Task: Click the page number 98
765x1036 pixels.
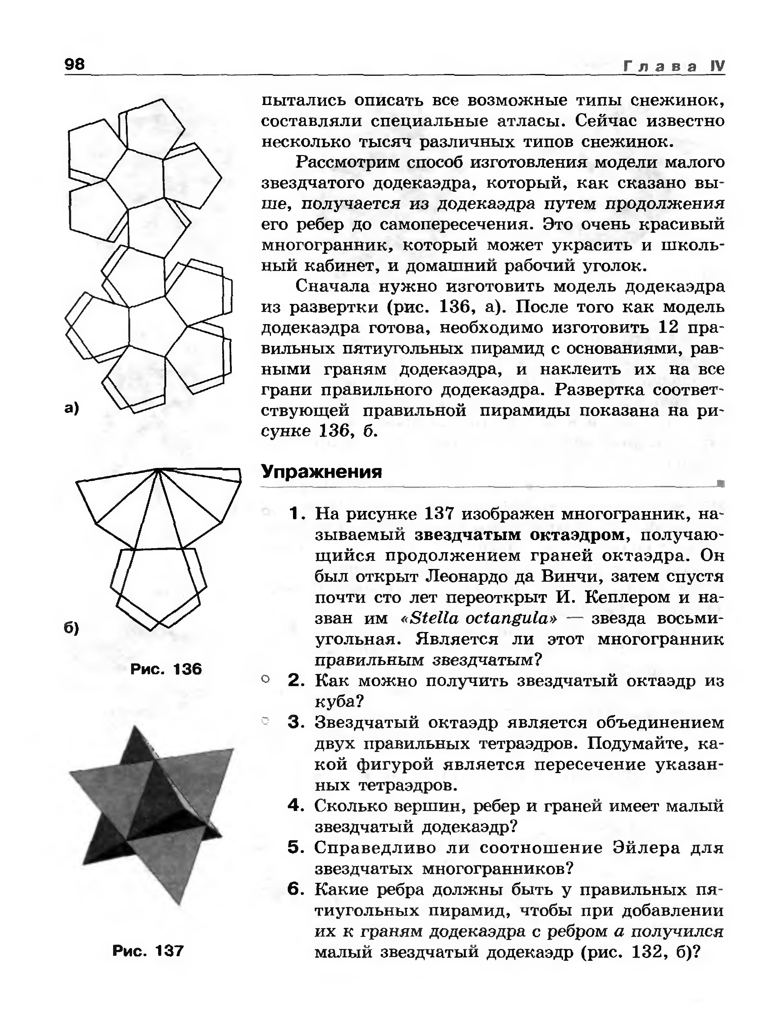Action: click(x=75, y=64)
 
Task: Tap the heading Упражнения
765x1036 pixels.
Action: click(x=322, y=472)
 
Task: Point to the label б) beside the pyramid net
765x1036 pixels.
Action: click(x=72, y=627)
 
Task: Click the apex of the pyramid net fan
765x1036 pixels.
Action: click(x=158, y=470)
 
